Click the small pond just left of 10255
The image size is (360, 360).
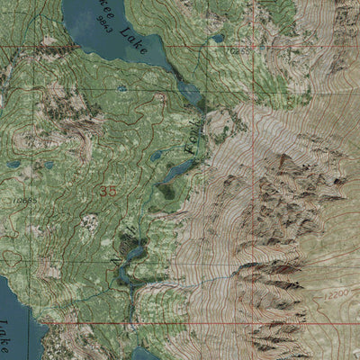(216, 39)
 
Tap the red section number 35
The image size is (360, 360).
(109, 191)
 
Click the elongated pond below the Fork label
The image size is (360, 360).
(177, 169)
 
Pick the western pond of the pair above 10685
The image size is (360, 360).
(13, 165)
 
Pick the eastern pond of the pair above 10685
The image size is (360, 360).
(48, 165)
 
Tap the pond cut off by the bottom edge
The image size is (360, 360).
(145, 354)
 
